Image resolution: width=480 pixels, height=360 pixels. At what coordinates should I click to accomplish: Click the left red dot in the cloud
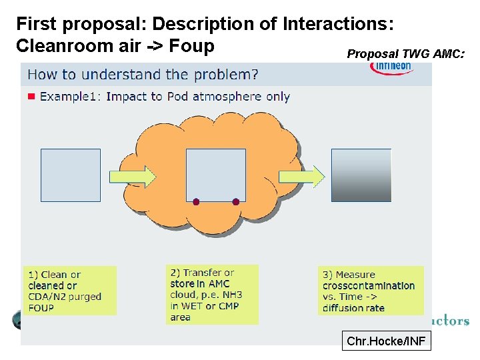196,201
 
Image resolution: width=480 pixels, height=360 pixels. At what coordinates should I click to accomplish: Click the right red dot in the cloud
235,201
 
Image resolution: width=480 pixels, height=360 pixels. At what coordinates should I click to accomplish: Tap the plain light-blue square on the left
71,175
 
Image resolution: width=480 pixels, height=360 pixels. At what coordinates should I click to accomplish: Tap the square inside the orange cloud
215,175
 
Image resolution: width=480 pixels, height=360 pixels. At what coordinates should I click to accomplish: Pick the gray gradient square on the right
361,175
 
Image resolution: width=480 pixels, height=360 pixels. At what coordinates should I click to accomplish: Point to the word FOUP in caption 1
41,308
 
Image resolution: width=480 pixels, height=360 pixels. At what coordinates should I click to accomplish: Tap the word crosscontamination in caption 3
368,285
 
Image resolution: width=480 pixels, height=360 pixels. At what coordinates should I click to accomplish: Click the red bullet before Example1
31,97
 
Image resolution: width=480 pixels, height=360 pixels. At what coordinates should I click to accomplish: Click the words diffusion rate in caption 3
353,308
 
